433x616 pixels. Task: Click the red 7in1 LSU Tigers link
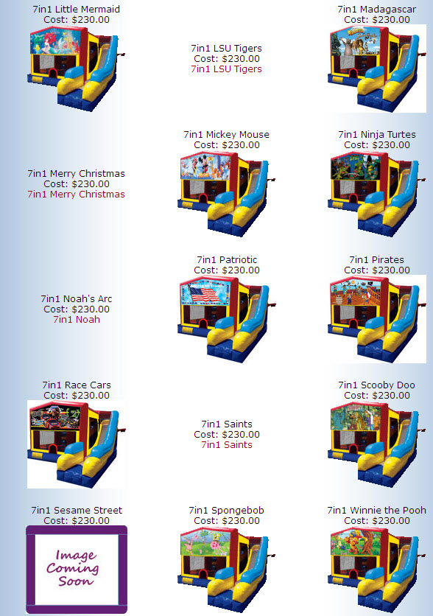pos(227,69)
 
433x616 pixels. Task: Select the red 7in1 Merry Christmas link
pos(76,195)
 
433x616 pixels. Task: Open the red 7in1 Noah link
pos(77,320)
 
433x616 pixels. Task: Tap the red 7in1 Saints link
pos(227,445)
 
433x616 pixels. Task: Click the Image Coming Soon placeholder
pos(77,570)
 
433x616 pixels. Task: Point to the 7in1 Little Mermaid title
pos(77,10)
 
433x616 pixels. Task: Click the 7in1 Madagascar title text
pos(377,10)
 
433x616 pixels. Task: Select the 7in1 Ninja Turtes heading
pos(377,135)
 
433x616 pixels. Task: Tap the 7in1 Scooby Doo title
pos(377,385)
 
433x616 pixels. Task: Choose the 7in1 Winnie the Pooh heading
pos(377,511)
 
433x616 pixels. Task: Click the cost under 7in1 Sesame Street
pos(77,521)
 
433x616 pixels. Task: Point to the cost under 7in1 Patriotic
pos(227,270)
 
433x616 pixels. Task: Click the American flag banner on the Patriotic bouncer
pos(205,293)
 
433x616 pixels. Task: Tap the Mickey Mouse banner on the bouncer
pos(205,167)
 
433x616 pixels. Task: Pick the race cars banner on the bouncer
pos(55,417)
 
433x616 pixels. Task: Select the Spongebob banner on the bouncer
pos(205,542)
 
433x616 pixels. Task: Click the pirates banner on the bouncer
pos(355,292)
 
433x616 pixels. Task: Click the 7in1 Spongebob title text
pos(227,511)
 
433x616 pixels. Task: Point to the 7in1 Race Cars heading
pos(77,385)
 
